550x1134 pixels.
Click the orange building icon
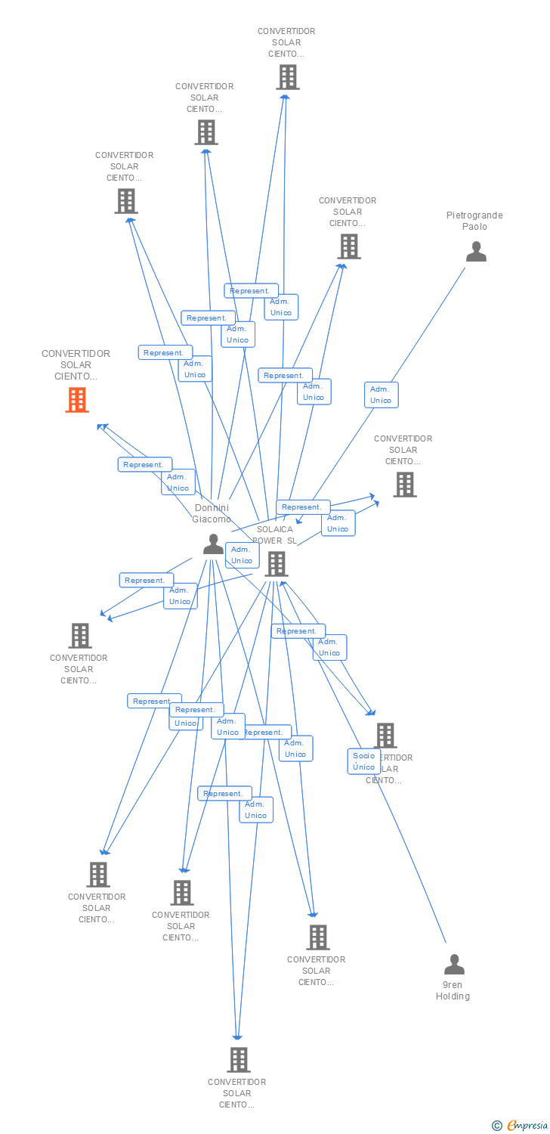pyautogui.click(x=77, y=400)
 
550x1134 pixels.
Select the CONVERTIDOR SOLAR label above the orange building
pyautogui.click(x=76, y=364)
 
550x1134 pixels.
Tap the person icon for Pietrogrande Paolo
pyautogui.click(x=476, y=252)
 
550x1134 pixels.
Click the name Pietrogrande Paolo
pyautogui.click(x=474, y=221)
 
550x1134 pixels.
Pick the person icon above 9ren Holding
pyautogui.click(x=454, y=965)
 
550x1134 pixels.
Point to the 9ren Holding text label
pyautogui.click(x=453, y=990)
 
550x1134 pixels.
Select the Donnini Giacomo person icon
pyautogui.click(x=213, y=544)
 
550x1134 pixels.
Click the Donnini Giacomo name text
pyautogui.click(x=212, y=513)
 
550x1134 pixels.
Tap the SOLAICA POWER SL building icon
pyautogui.click(x=277, y=563)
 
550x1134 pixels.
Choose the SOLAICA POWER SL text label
pyautogui.click(x=275, y=534)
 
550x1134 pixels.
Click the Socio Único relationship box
pyautogui.click(x=363, y=761)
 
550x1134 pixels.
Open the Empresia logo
pyautogui.click(x=527, y=1126)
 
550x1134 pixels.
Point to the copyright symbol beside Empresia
pyautogui.click(x=497, y=1126)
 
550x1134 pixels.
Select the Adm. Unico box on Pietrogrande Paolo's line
pyautogui.click(x=381, y=395)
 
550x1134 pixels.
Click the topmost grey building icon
pyautogui.click(x=287, y=77)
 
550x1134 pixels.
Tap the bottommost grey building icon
pyautogui.click(x=238, y=1059)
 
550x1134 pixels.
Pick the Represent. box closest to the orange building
pyautogui.click(x=145, y=464)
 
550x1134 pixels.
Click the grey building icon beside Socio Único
pyautogui.click(x=385, y=735)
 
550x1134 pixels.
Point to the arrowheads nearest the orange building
pyautogui.click(x=103, y=427)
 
